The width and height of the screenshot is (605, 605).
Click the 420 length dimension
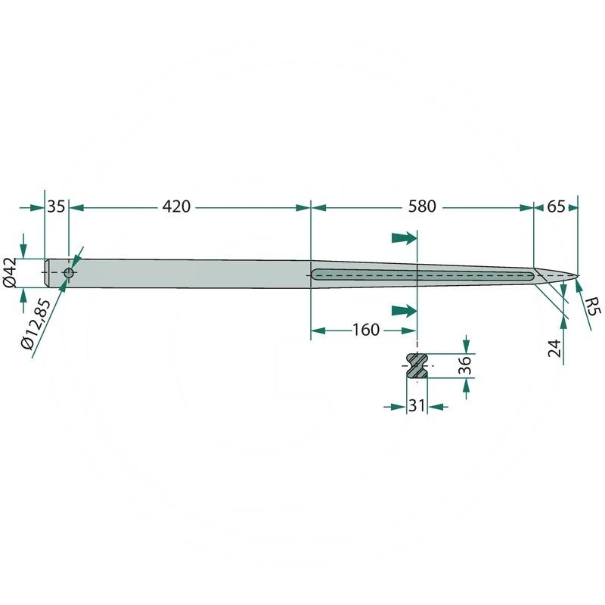(176, 206)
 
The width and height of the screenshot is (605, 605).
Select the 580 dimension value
(422, 206)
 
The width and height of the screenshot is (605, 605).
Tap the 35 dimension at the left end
(56, 206)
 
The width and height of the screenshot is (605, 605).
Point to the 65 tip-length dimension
(556, 206)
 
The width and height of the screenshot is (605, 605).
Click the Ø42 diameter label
(10, 272)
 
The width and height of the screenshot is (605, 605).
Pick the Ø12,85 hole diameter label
(36, 324)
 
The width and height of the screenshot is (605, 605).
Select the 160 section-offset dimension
(366, 330)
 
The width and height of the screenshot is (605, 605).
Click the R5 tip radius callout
(592, 307)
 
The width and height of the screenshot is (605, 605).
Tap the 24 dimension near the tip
(554, 348)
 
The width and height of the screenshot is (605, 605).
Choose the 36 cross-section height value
(464, 365)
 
